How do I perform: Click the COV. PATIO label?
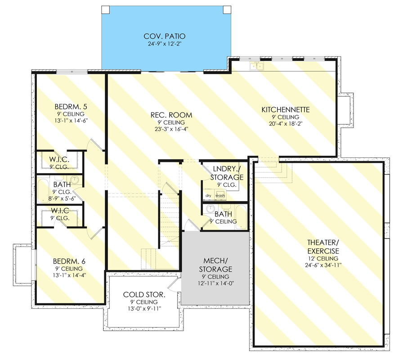click(x=165, y=36)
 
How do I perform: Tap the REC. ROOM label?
click(x=171, y=115)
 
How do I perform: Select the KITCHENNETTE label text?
click(x=286, y=109)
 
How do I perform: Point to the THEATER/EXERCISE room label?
click(x=323, y=247)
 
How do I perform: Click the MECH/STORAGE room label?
click(x=215, y=265)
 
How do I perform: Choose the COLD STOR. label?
click(x=144, y=294)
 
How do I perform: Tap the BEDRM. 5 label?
click(x=71, y=107)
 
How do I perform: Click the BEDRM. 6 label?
click(x=69, y=261)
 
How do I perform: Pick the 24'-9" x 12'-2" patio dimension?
click(x=165, y=44)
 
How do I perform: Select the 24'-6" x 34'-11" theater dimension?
click(x=323, y=265)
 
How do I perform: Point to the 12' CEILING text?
click(x=323, y=258)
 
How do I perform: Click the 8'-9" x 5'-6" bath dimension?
click(x=62, y=198)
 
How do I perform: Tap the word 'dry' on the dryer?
click(x=208, y=195)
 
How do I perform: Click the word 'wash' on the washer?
click(x=220, y=195)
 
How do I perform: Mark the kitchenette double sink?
click(x=256, y=66)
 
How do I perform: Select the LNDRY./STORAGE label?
click(x=227, y=173)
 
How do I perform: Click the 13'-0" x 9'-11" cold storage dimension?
click(x=144, y=308)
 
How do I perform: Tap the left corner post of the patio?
click(x=105, y=10)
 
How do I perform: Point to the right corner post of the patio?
click(x=227, y=10)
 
